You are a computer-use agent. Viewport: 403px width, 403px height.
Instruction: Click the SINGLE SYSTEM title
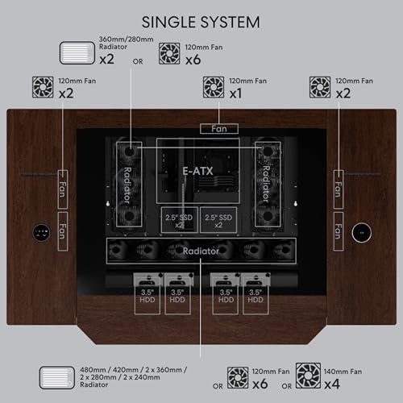[201, 22]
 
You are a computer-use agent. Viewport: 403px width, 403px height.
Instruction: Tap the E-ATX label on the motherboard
[197, 171]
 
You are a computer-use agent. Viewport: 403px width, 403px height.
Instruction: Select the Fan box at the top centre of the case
[219, 129]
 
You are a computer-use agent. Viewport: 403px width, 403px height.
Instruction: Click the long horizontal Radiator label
[201, 251]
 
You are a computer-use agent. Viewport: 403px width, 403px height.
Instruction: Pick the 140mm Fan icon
[308, 376]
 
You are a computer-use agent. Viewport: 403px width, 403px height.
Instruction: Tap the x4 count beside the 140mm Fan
[332, 384]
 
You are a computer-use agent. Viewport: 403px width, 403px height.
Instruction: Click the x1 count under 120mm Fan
[235, 93]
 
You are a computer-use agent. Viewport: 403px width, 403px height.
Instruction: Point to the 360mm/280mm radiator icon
[77, 52]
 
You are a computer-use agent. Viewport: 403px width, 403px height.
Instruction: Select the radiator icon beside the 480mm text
[57, 378]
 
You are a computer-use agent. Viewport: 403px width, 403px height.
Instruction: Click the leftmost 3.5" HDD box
[147, 293]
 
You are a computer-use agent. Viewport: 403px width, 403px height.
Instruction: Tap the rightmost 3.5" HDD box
[256, 293]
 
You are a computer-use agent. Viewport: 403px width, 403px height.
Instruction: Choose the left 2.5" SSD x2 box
[180, 220]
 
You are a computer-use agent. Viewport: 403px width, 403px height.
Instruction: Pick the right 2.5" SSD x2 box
[218, 220]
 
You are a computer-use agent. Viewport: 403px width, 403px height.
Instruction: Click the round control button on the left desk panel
[42, 232]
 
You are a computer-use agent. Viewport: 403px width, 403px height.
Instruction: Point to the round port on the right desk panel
[362, 232]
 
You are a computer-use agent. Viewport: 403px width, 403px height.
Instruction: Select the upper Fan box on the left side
[63, 189]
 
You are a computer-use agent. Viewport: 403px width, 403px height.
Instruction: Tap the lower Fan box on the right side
[339, 231]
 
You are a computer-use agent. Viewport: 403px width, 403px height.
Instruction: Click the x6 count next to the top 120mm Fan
[193, 60]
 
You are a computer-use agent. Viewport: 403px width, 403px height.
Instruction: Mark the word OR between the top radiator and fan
[138, 61]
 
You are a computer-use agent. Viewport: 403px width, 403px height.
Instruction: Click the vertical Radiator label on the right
[266, 184]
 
